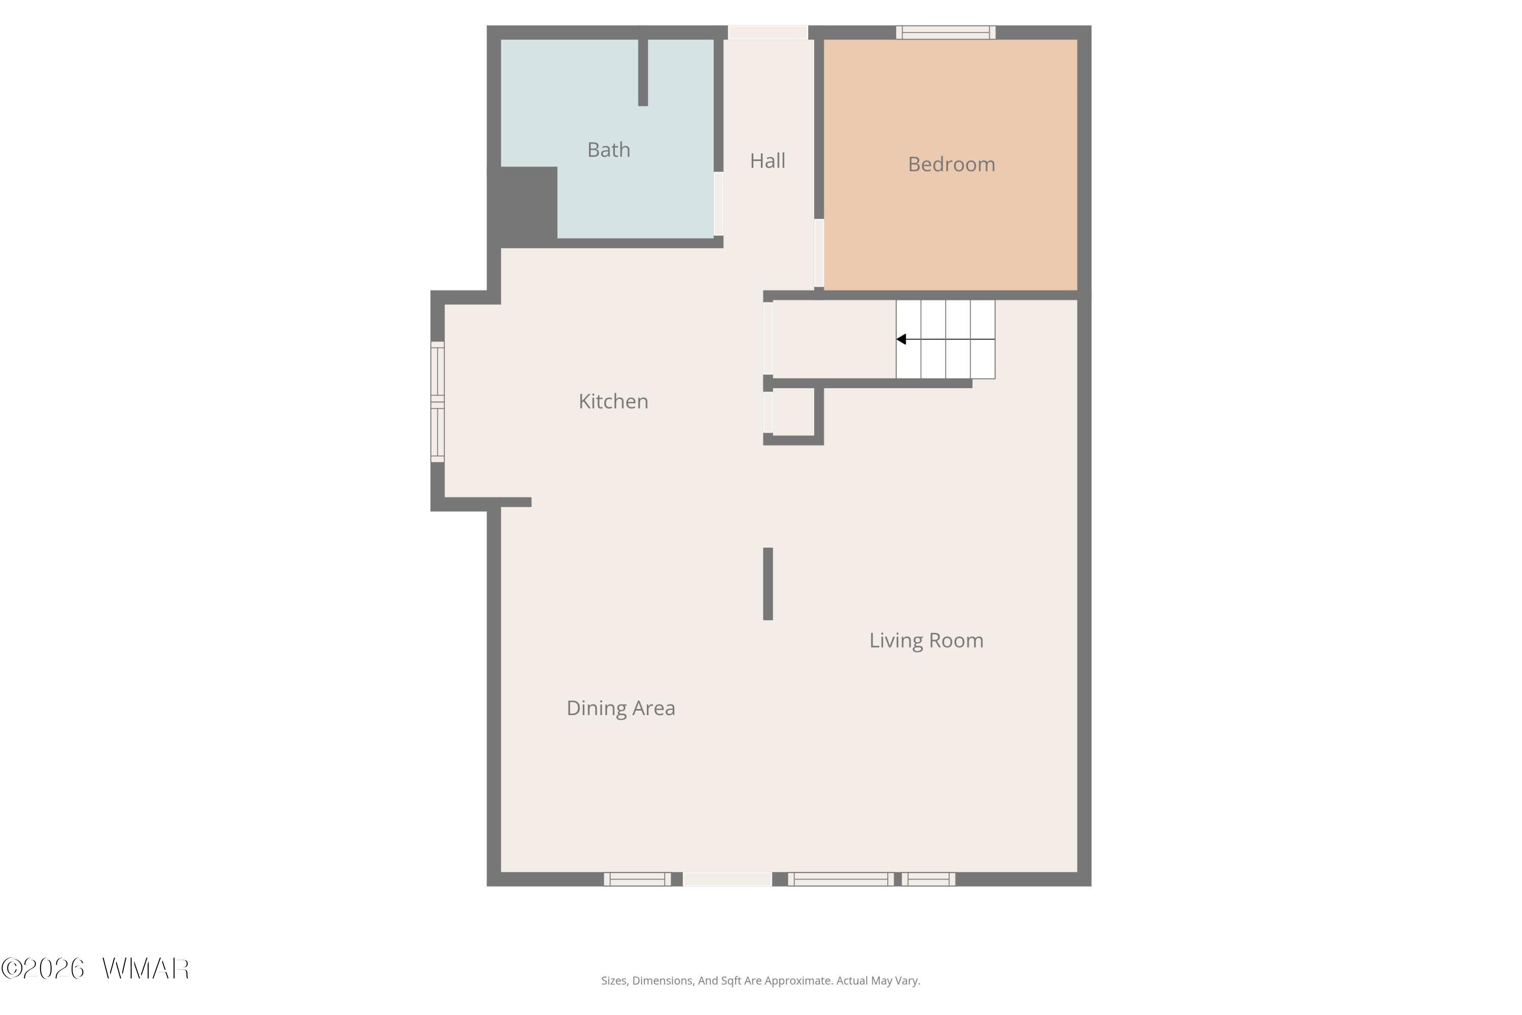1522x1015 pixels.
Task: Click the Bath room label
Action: click(608, 150)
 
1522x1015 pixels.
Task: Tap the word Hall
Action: click(768, 160)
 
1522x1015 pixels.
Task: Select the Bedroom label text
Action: click(951, 164)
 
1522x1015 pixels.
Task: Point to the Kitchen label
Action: click(613, 401)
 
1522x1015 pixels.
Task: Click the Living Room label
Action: click(926, 640)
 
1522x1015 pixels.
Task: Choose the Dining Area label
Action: click(620, 708)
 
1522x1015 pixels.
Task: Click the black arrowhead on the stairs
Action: click(901, 339)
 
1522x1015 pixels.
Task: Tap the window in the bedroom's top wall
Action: click(946, 32)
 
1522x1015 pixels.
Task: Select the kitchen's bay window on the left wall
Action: click(437, 402)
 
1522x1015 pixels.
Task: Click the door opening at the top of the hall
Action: click(768, 32)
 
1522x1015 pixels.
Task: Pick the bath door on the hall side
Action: click(718, 204)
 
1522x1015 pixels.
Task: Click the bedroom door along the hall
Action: click(819, 253)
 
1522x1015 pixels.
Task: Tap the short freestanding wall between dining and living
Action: click(768, 584)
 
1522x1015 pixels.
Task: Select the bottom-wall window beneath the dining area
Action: click(637, 879)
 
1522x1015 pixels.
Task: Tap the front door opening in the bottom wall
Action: click(728, 879)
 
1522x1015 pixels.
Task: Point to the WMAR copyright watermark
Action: click(95, 968)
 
